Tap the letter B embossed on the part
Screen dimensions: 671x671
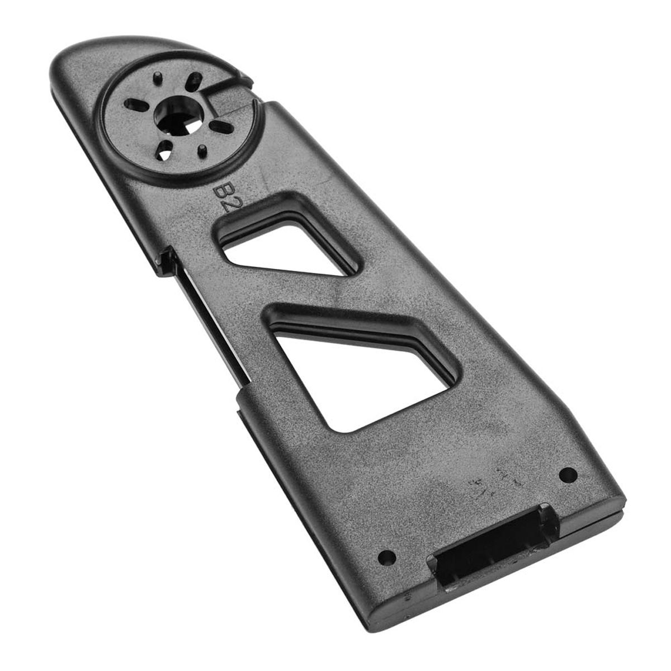point(221,191)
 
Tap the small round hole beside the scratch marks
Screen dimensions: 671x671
point(568,474)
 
